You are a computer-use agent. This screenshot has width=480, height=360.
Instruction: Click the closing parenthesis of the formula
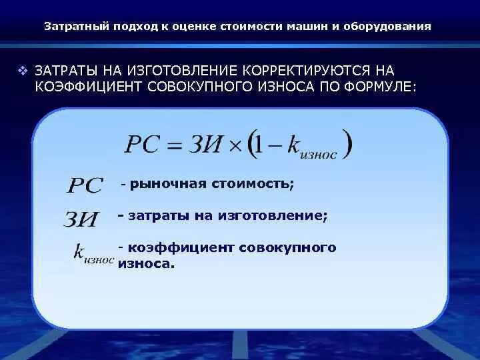click(x=347, y=145)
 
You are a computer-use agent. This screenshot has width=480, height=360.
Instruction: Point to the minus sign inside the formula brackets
click(x=273, y=146)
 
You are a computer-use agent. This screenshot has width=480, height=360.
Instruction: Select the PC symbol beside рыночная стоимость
click(x=85, y=185)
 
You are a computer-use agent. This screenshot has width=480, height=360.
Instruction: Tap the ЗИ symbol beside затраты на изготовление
click(x=81, y=219)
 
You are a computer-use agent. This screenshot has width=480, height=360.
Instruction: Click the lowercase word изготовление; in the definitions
click(x=286, y=215)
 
